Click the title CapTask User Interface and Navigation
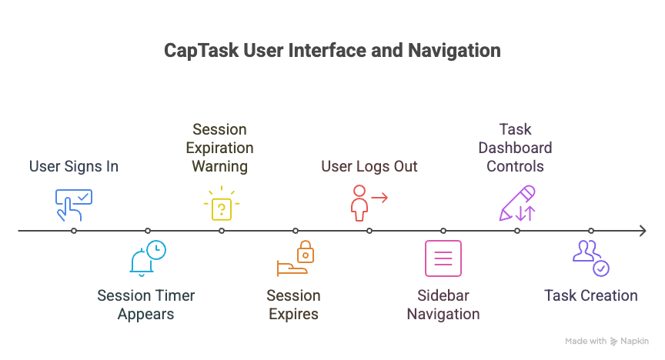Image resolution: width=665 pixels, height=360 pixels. (332, 51)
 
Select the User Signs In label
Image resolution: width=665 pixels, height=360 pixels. (74, 166)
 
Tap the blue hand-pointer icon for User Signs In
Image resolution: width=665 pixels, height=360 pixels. (74, 205)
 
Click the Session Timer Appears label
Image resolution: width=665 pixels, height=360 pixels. (146, 305)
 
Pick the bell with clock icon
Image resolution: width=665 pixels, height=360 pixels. (147, 258)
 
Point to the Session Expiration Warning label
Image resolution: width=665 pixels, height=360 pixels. (222, 148)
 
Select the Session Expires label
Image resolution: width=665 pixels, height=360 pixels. (293, 305)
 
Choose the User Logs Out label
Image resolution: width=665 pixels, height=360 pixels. (369, 166)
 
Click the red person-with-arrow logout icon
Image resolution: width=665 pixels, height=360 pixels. (367, 203)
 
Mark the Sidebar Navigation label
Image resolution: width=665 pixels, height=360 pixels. (443, 305)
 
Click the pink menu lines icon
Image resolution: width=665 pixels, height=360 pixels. (443, 258)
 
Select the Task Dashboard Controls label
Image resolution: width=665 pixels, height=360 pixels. (515, 148)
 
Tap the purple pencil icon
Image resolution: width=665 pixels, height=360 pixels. (516, 203)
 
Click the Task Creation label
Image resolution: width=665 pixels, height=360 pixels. (590, 295)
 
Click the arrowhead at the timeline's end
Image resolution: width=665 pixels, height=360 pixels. (642, 231)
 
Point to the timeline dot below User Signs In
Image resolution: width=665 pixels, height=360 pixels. (74, 231)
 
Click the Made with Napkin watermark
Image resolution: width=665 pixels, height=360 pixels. (607, 341)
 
